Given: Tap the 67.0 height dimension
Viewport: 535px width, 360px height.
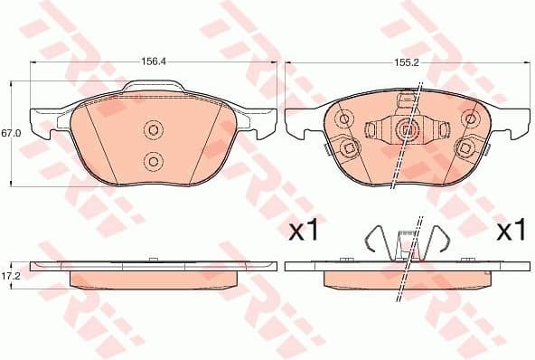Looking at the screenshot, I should pyautogui.click(x=11, y=133).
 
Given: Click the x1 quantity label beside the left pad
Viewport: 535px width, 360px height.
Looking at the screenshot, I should pyautogui.click(x=302, y=232).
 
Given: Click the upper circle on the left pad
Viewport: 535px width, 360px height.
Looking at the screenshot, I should pyautogui.click(x=153, y=131).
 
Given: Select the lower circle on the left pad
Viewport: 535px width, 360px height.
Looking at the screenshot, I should pyautogui.click(x=153, y=161).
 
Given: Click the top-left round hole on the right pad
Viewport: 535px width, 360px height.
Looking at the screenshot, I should pyautogui.click(x=344, y=118).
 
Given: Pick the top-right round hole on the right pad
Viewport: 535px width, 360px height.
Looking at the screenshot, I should pyautogui.click(x=469, y=118).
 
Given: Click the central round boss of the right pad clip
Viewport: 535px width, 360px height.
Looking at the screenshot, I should pyautogui.click(x=407, y=130).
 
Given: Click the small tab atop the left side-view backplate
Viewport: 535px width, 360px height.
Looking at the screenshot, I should pyautogui.click(x=153, y=261).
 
